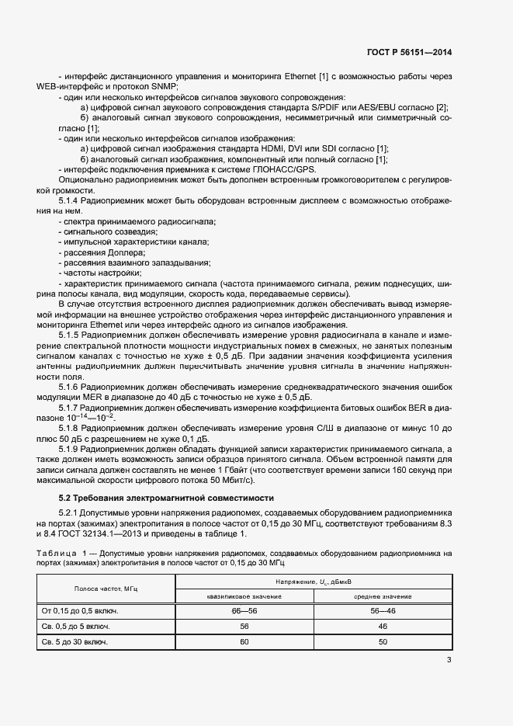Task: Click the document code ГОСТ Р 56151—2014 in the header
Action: coord(408,53)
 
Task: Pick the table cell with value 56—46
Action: coord(383,612)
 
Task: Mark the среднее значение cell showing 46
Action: coord(383,627)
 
